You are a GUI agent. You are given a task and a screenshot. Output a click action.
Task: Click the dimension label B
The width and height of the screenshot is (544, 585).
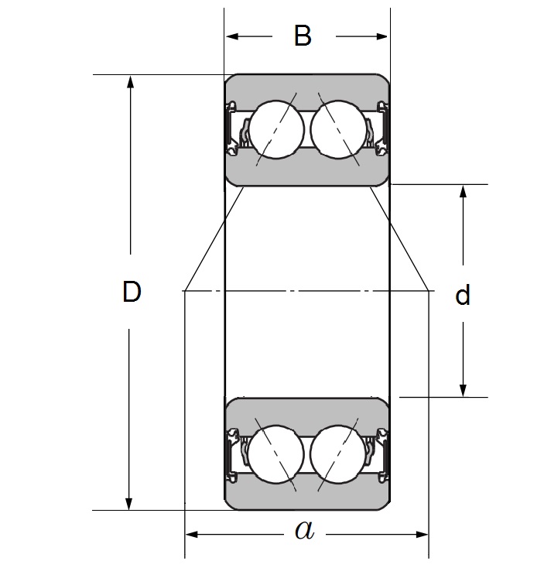[x=303, y=36]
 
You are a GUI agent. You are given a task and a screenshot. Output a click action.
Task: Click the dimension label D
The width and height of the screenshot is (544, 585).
[x=132, y=292]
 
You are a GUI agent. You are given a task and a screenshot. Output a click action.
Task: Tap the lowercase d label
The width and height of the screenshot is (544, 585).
[x=463, y=296]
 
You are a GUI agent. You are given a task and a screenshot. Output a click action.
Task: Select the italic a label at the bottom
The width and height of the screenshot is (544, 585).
[x=305, y=531]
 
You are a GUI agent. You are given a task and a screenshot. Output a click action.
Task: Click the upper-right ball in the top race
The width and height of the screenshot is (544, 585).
[x=337, y=128]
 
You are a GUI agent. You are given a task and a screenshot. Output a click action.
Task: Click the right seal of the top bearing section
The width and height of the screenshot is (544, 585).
[x=382, y=128]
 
